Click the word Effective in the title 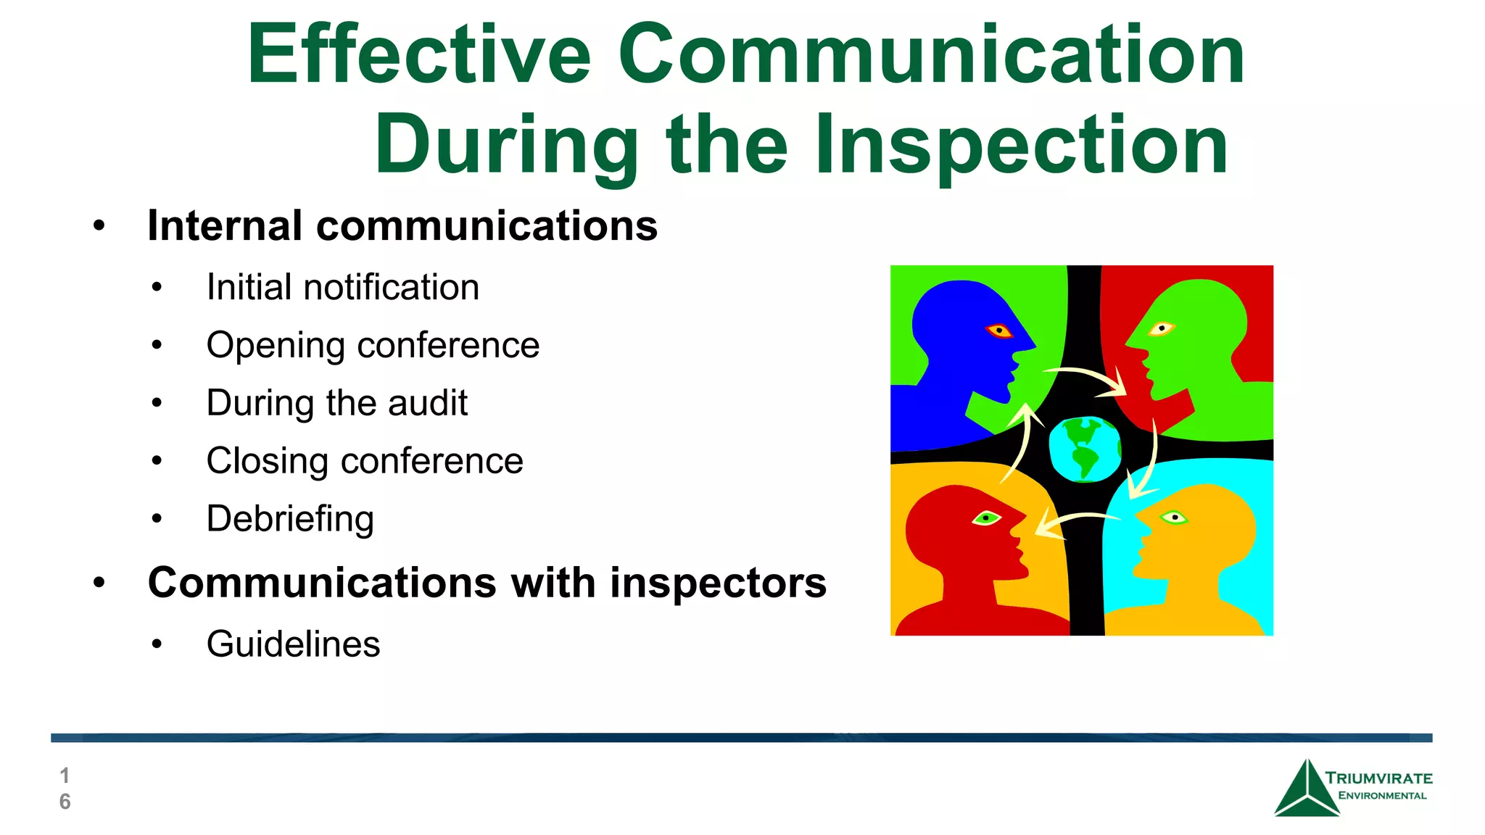pos(419,54)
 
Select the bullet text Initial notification pos(343,287)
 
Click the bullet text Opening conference pos(373,345)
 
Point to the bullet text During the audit pos(337,403)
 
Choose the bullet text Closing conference pos(365,461)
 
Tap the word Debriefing pos(290,519)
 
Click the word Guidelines pos(293,644)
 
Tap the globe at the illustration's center pos(1084,449)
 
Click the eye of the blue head pos(999,331)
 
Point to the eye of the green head pos(1161,328)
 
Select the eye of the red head pos(986,518)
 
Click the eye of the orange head pos(1173,517)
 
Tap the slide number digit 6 pos(65,802)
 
